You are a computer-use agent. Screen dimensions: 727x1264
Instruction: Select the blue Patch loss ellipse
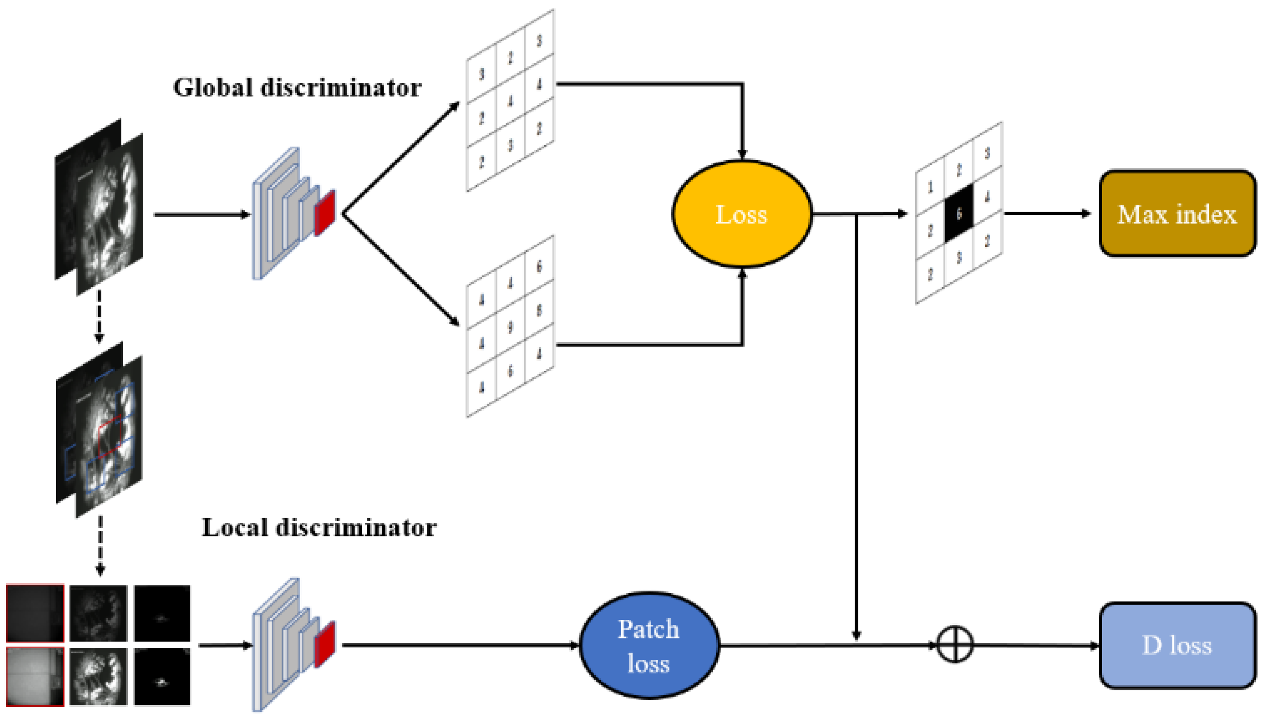coord(649,646)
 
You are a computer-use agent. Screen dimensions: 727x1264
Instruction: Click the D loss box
coord(1177,646)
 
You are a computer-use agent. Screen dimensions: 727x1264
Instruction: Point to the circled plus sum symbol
coord(954,645)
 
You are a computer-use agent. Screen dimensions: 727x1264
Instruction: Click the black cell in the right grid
coord(959,214)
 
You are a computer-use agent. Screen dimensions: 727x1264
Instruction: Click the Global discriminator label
coord(297,88)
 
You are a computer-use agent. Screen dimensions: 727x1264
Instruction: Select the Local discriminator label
coord(319,528)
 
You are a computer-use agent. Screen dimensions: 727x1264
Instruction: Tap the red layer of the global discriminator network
coord(325,213)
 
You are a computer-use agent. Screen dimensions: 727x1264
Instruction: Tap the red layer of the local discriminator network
coord(325,644)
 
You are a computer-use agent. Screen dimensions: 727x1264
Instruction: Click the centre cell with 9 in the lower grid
coord(510,327)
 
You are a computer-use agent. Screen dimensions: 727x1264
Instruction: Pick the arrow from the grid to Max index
coord(1046,214)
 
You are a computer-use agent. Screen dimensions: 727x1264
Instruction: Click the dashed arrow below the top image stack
coord(99,317)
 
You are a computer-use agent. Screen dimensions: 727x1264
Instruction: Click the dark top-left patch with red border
coord(35,613)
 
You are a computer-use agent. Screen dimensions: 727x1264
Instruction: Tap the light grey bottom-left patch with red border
coord(35,677)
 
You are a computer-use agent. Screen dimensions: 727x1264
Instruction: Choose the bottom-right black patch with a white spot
coord(162,677)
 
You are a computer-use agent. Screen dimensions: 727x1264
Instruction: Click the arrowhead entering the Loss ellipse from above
coord(742,154)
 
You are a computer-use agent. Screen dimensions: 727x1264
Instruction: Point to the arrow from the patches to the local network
coord(225,645)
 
